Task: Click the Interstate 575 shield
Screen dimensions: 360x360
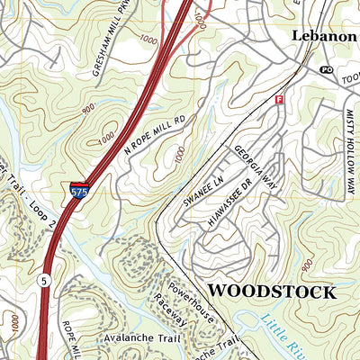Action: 78,191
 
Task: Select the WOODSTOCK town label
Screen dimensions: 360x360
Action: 273,292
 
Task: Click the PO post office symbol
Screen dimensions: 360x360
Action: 326,69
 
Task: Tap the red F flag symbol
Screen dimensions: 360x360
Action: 279,99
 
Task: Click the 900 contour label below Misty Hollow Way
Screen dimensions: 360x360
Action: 309,265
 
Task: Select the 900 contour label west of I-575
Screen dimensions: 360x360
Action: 88,109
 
